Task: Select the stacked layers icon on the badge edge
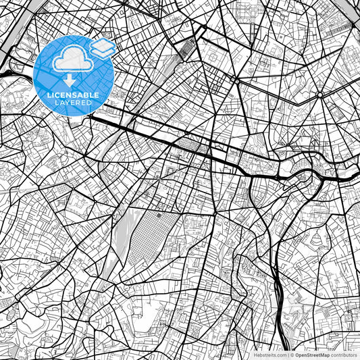(102, 47)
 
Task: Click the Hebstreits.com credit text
(268, 354)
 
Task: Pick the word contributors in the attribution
(342, 354)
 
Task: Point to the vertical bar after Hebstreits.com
(287, 354)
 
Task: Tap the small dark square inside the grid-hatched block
(159, 217)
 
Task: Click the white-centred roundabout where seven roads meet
(236, 81)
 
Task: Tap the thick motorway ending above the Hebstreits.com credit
(279, 317)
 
